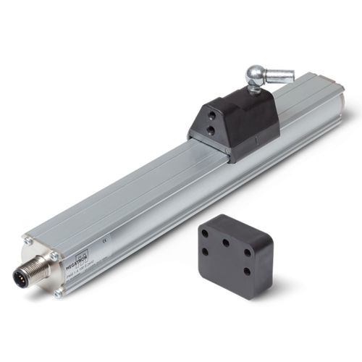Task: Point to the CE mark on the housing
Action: pos(106,237)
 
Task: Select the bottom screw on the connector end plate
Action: pos(58,292)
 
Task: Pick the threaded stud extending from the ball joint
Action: pos(281,74)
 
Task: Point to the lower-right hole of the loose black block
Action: pos(245,271)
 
